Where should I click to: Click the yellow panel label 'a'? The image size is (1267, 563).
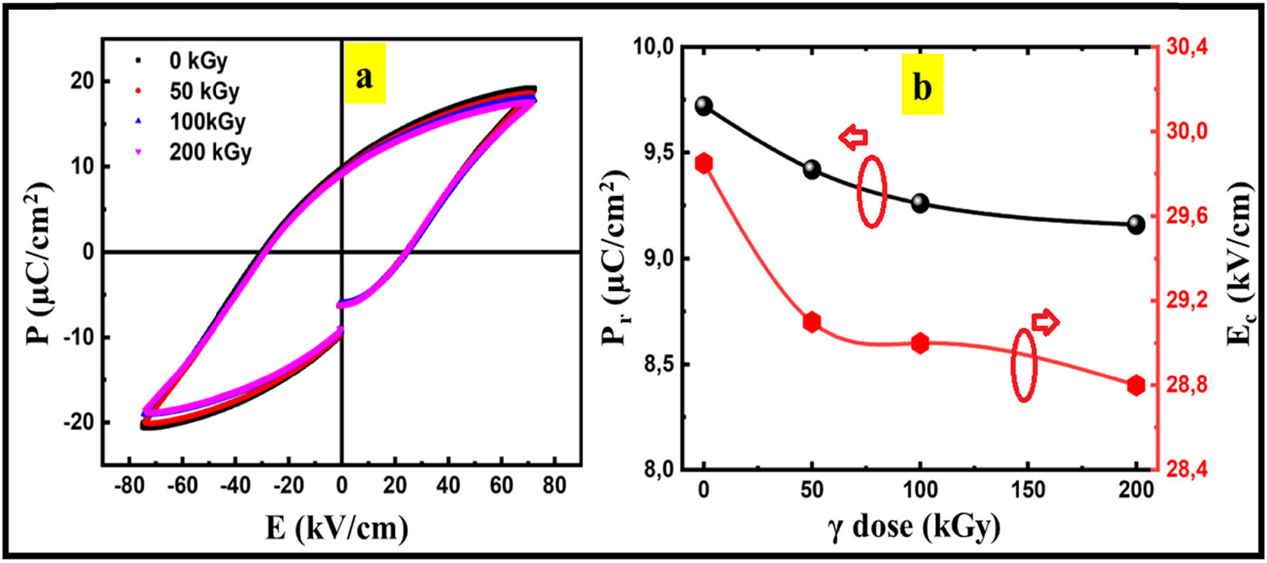365,73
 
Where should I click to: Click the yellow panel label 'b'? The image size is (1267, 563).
922,87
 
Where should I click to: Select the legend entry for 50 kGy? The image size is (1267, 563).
203,91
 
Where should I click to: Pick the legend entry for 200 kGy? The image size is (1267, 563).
209,152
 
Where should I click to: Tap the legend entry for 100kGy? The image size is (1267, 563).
206,121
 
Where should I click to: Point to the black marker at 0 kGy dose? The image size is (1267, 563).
703,106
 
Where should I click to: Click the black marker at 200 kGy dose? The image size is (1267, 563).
1136,224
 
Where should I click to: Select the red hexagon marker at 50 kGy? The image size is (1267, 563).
812,322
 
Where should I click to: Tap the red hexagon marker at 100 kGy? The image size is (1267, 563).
920,343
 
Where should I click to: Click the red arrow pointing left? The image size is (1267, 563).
854,136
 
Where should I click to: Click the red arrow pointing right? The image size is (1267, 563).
1045,322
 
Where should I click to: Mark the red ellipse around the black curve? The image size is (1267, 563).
872,191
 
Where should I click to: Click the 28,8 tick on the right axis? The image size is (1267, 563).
1187,386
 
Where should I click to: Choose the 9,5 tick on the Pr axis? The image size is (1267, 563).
652,153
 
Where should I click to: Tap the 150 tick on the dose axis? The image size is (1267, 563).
1028,490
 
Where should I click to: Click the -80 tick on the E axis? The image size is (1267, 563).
128,485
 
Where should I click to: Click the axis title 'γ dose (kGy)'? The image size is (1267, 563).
913,526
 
